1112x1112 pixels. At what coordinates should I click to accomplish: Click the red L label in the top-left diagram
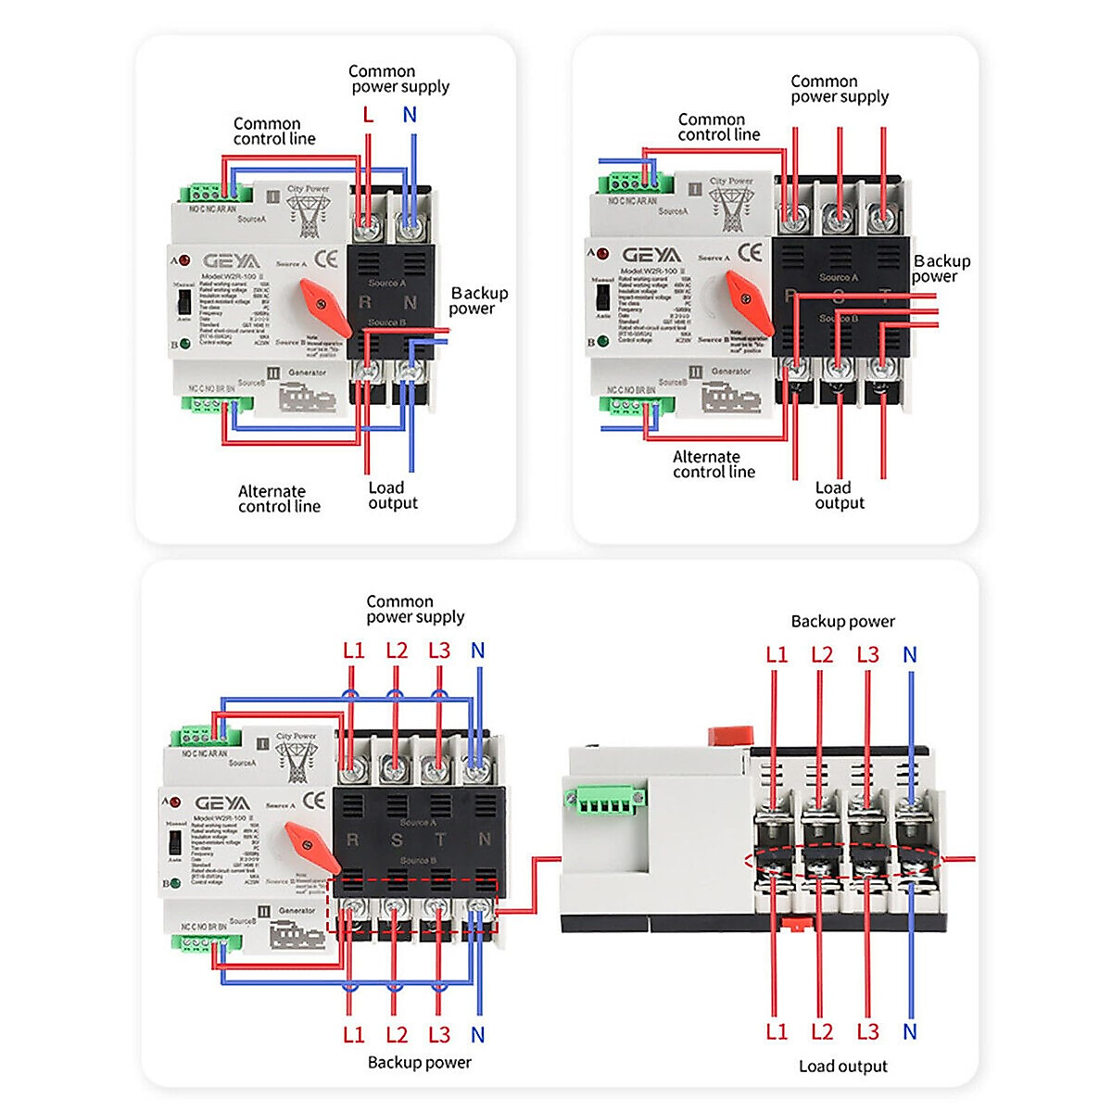(368, 115)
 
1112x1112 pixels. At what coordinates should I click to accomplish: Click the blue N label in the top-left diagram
(410, 115)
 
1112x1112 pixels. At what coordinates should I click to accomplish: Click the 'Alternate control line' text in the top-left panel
(279, 499)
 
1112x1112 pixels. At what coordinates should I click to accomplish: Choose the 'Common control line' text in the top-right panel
(718, 127)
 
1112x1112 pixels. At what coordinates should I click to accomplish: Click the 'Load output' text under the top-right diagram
(839, 495)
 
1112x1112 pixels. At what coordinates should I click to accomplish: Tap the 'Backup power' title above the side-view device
(842, 622)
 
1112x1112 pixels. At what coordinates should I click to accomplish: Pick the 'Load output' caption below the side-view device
(842, 1067)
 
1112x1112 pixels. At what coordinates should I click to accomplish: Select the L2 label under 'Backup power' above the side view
(822, 655)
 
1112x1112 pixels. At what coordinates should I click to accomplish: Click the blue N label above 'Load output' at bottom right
(910, 1031)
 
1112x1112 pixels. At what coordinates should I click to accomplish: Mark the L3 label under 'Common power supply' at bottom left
(439, 651)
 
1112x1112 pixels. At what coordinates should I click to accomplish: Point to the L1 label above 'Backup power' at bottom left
(354, 1035)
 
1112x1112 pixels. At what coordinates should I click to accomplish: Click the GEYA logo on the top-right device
(651, 255)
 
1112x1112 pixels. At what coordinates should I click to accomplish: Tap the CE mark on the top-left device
(326, 259)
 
